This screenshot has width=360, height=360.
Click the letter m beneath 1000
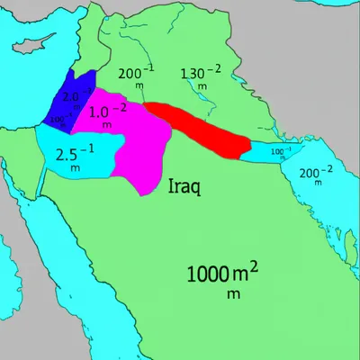(229, 292)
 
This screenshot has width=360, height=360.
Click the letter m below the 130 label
(202, 86)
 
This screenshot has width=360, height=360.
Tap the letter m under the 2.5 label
(75, 167)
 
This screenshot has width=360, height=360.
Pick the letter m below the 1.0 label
(107, 126)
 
